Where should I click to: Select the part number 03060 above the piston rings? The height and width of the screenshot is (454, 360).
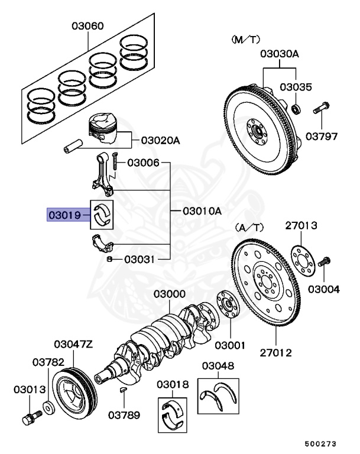click(x=88, y=26)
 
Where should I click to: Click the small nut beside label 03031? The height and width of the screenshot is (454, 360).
click(x=110, y=259)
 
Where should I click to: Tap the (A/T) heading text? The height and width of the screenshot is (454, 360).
click(x=249, y=226)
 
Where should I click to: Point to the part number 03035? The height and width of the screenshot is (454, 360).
click(x=295, y=87)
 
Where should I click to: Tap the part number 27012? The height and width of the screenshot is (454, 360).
click(x=275, y=353)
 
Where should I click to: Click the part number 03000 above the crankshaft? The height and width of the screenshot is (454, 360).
click(x=170, y=294)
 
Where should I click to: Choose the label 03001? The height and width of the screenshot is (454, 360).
click(x=229, y=344)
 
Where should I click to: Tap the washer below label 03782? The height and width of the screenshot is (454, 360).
click(x=48, y=407)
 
